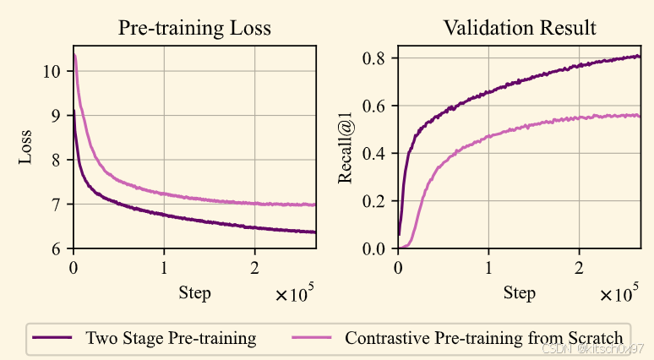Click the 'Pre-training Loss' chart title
coord(194,28)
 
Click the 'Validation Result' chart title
coord(520,28)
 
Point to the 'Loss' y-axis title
coord(26,146)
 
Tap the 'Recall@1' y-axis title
coord(346,146)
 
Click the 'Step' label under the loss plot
coord(194,293)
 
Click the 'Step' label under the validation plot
coord(519,293)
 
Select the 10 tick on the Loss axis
coord(52,71)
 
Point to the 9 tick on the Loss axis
coord(56,116)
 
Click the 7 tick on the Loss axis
coord(56,205)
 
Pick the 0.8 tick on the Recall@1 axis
coord(377,58)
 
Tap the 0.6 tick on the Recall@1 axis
coord(377,106)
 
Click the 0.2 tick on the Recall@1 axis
coord(377,201)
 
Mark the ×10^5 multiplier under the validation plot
coord(619,295)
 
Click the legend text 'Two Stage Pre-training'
coord(171,339)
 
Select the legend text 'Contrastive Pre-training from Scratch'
coord(483,339)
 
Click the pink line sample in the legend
coord(312,339)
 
